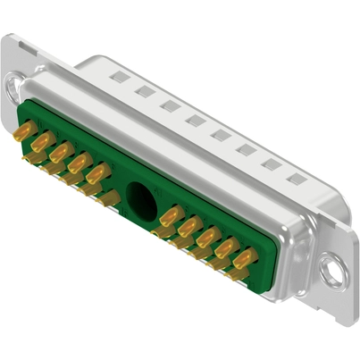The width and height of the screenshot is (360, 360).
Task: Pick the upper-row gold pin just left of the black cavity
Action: [100, 172]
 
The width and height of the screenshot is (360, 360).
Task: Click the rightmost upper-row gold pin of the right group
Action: [243, 256]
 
